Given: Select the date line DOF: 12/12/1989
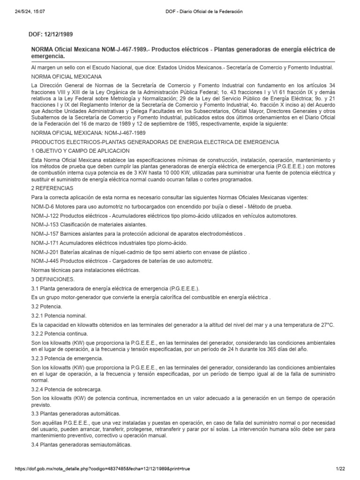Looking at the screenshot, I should [52, 35].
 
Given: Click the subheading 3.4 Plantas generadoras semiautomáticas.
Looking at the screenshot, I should [81, 444].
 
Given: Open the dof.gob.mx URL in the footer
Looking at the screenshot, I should [96, 469].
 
